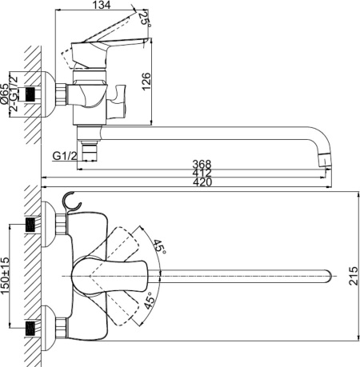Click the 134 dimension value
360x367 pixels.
click(x=101, y=6)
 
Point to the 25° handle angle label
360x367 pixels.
click(x=145, y=18)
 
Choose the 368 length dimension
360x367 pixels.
click(x=190, y=166)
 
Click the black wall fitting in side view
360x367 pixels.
click(x=32, y=94)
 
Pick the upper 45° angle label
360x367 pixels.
click(x=159, y=249)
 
